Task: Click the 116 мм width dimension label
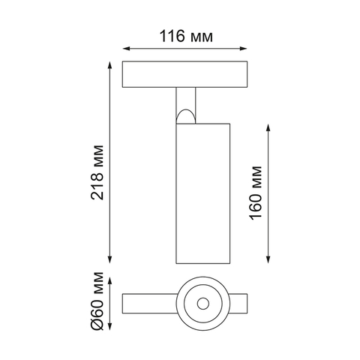coord(186,36)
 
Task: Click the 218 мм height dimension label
coord(97,172)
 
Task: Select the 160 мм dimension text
coord(256,193)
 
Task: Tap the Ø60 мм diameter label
coord(97,301)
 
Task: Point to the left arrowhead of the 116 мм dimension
coord(126,49)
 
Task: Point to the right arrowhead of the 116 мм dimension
coord(244,49)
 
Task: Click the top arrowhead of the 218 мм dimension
coord(109,65)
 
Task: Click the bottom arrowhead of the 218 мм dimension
coord(109,259)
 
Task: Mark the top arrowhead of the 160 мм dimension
coord(268,127)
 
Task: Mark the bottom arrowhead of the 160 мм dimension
coord(268,259)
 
